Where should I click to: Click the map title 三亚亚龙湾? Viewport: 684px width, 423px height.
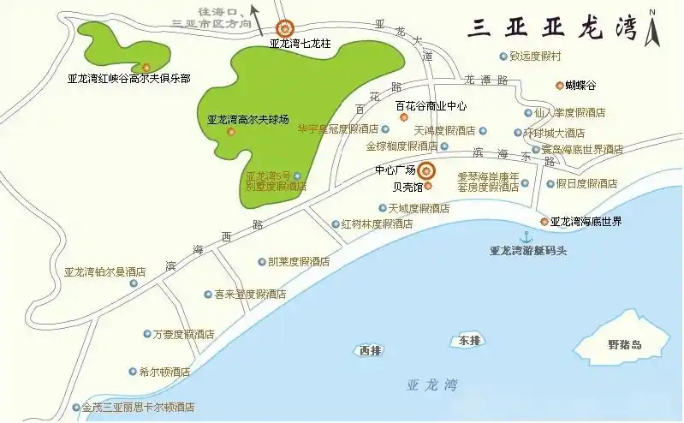[x=552, y=27]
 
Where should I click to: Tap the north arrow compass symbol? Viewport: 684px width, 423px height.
[x=653, y=27]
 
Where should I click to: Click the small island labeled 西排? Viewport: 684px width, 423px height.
[x=369, y=350]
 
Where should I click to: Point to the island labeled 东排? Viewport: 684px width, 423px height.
[x=467, y=340]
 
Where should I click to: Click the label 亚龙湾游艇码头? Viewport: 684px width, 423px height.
[x=528, y=251]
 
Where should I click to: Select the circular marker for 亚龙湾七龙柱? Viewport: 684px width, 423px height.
[x=283, y=27]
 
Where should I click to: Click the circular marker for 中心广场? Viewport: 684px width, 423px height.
[x=425, y=170]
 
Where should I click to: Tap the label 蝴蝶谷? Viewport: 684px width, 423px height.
[x=579, y=85]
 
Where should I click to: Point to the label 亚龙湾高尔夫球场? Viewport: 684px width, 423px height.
[x=247, y=120]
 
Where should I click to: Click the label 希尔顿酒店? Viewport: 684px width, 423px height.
[x=158, y=372]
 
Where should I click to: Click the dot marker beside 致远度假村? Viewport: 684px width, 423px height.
[x=503, y=56]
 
